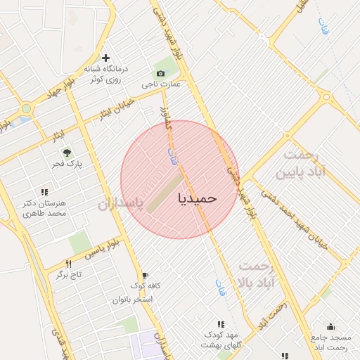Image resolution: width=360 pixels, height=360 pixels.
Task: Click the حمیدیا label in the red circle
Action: point(198,198)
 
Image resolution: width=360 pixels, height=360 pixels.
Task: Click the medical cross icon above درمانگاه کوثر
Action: point(105,58)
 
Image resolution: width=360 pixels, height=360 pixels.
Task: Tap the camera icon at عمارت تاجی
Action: point(161,73)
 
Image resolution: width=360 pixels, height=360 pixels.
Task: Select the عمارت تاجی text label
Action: point(162,84)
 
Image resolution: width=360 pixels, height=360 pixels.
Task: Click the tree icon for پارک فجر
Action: point(67,152)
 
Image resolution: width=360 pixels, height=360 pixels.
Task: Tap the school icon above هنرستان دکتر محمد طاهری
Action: point(44,192)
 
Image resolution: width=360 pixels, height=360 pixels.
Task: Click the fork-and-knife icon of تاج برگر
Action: point(68,263)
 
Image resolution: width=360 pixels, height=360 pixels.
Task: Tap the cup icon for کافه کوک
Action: point(145,275)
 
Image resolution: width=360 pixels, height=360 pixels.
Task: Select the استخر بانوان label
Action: point(135,299)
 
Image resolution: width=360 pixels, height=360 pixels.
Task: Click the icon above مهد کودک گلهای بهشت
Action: point(221,324)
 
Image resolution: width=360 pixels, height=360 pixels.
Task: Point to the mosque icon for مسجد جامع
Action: point(330,327)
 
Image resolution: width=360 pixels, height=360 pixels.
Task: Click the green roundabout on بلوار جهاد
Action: point(26,109)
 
